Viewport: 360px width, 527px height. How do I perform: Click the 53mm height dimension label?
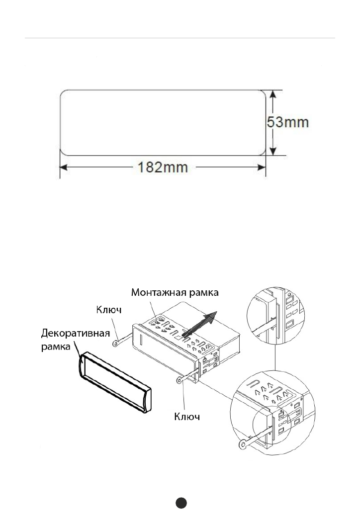(x=288, y=122)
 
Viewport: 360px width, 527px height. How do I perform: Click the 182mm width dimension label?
(x=163, y=167)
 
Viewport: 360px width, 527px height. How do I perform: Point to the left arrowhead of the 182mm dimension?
(x=64, y=167)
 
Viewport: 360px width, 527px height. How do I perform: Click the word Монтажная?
(x=159, y=292)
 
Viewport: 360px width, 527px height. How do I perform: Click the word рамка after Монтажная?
(x=204, y=293)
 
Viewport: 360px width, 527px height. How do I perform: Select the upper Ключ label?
(x=108, y=310)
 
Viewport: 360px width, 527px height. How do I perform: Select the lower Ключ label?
(x=187, y=417)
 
